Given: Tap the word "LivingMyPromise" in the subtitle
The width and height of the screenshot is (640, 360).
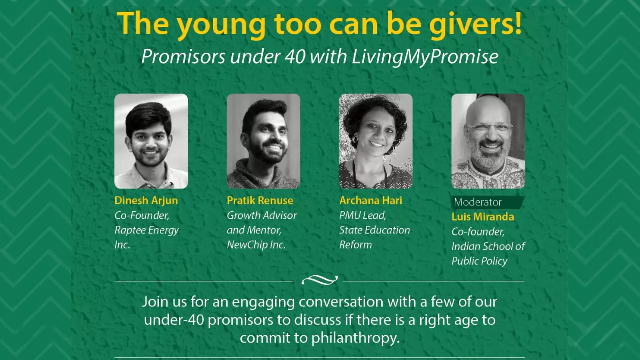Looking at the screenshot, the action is (x=425, y=57).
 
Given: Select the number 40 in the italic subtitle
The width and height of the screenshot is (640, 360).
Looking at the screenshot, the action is (x=295, y=57).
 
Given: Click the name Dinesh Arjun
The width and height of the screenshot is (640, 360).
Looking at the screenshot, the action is (x=146, y=201).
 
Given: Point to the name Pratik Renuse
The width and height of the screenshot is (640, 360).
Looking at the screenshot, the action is (x=260, y=200).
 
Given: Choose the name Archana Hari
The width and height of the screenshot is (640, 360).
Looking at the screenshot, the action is (x=371, y=200).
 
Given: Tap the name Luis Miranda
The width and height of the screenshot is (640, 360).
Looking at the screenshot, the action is (x=483, y=217).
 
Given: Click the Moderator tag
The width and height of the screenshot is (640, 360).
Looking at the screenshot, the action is (x=487, y=202).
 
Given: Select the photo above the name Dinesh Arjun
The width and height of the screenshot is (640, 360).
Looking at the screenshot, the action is (x=151, y=141).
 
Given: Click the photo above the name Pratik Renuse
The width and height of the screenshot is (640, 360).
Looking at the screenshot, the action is (x=263, y=141).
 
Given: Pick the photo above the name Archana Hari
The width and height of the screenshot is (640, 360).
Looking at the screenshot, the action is (x=376, y=141).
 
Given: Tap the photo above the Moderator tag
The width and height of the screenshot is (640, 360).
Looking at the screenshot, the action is (x=488, y=141).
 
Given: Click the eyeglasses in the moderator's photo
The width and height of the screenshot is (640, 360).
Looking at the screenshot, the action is (x=489, y=127).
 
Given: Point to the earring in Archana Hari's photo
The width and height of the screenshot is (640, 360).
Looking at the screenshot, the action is (x=355, y=140).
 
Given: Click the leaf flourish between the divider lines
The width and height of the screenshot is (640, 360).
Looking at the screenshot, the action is (x=319, y=280).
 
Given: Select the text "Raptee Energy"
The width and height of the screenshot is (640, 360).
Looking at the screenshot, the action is (x=147, y=230).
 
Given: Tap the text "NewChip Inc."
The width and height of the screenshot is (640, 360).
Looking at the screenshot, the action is (x=256, y=245).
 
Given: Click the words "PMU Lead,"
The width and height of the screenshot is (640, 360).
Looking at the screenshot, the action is (x=363, y=215).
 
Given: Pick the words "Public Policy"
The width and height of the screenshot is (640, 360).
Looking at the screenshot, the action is (x=479, y=261).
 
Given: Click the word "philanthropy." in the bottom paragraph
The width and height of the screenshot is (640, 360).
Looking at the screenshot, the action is (x=355, y=339).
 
